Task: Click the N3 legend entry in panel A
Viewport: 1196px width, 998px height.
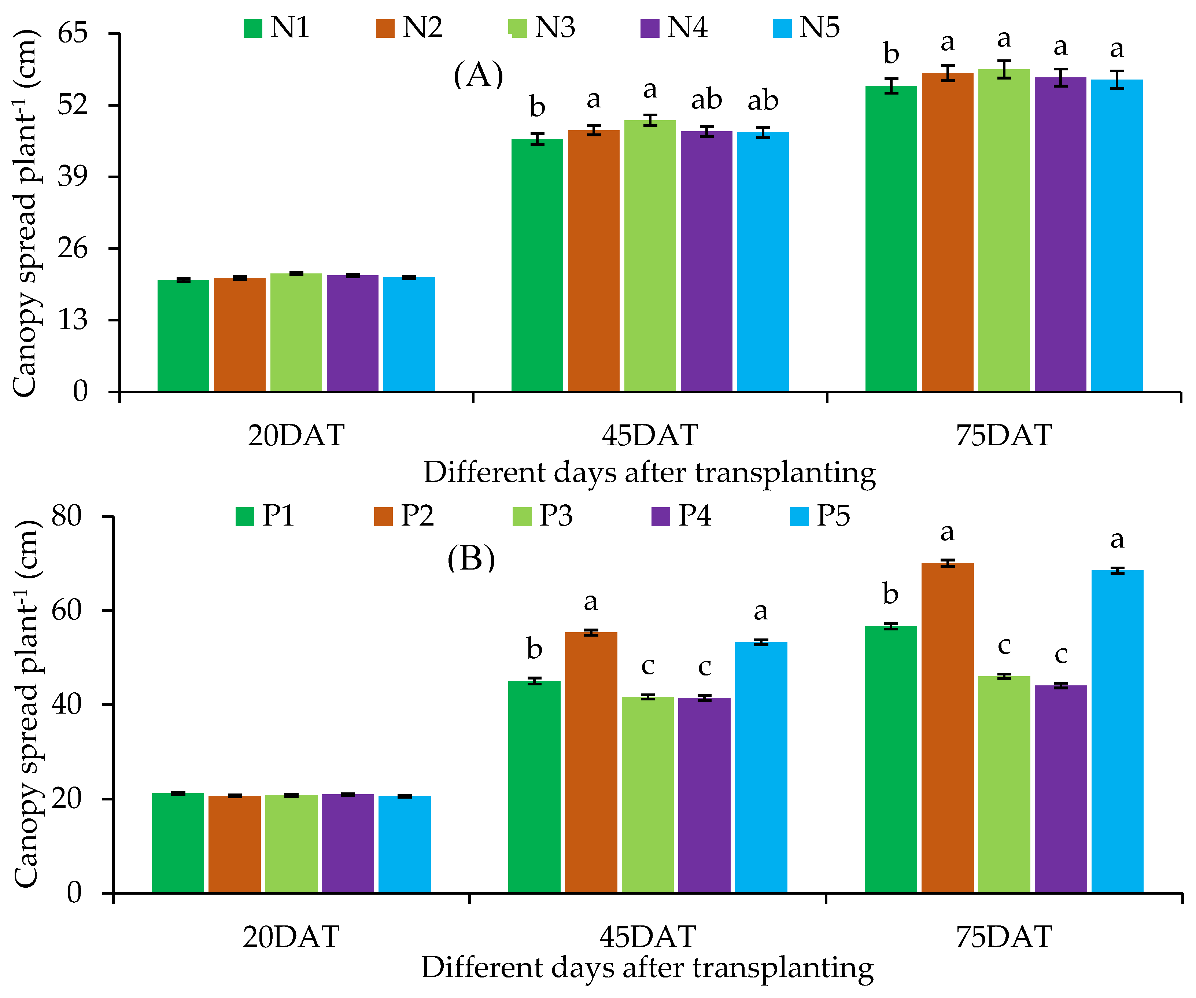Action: coord(542,27)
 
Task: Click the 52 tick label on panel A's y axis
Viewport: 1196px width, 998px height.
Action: coord(72,105)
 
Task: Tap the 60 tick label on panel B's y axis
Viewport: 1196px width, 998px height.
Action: coord(67,610)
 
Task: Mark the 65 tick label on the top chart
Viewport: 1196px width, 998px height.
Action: coord(72,34)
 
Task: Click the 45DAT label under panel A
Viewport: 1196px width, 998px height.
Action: coord(650,436)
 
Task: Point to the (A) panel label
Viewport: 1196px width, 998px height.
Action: coord(479,75)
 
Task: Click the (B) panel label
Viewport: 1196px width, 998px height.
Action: coord(471,559)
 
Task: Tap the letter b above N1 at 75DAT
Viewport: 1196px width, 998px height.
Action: coord(891,54)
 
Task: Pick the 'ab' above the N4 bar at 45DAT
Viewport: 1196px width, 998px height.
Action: coord(706,100)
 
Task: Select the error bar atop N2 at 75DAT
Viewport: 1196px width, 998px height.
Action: coord(948,73)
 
